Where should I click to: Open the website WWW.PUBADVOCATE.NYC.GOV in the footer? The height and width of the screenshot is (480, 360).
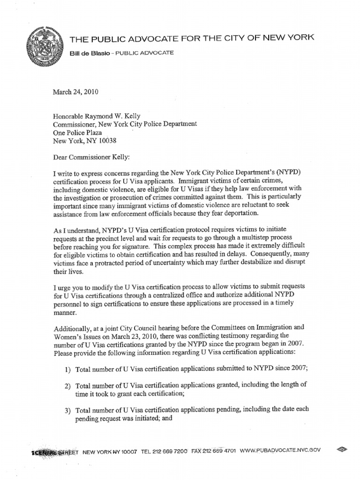[x=280, y=450]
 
